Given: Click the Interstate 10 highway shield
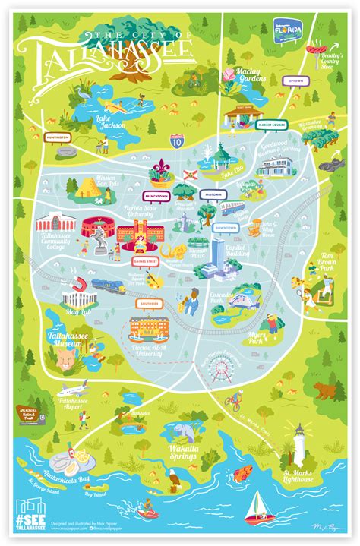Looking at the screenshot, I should tap(175, 140).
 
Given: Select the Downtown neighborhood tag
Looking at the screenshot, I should tap(226, 227).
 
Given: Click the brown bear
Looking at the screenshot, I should tap(326, 392).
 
